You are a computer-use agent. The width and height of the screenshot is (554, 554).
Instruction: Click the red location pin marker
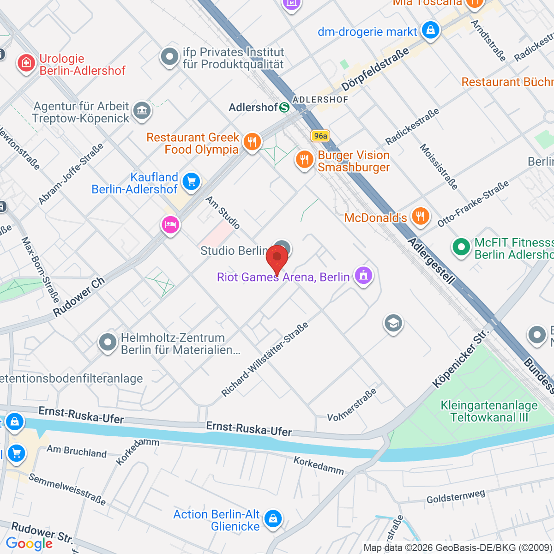pyautogui.click(x=277, y=259)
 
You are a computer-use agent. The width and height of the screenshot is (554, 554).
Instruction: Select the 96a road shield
pyautogui.click(x=320, y=136)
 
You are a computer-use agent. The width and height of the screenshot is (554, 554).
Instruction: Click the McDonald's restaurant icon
pyautogui.click(x=420, y=216)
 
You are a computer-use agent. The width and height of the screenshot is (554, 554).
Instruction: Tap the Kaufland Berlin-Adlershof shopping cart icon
pyautogui.click(x=191, y=181)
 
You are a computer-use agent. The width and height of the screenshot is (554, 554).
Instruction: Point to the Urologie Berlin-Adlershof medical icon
pyautogui.click(x=26, y=62)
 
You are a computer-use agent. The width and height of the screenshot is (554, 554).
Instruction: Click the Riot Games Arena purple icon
pyautogui.click(x=363, y=276)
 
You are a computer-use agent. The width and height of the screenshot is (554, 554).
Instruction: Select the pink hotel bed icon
pyautogui.click(x=170, y=225)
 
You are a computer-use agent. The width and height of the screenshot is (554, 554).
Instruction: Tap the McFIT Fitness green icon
pyautogui.click(x=461, y=247)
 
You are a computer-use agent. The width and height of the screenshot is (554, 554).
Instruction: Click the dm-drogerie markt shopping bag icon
pyautogui.click(x=430, y=30)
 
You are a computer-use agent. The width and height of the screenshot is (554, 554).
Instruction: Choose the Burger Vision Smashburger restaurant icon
pyautogui.click(x=304, y=160)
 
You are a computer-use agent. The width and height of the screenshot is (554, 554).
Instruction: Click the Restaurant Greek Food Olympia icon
pyautogui.click(x=252, y=142)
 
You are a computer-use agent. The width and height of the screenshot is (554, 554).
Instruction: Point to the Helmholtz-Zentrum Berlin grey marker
pyautogui.click(x=108, y=343)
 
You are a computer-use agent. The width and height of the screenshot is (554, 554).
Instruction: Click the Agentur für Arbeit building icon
pyautogui.click(x=141, y=110)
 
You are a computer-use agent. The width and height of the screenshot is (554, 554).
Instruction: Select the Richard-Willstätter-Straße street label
pyautogui.click(x=265, y=360)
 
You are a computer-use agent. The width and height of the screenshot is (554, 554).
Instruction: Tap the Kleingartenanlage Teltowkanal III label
pyautogui.click(x=489, y=411)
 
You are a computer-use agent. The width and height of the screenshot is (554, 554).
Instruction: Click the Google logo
pyautogui.click(x=29, y=543)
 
